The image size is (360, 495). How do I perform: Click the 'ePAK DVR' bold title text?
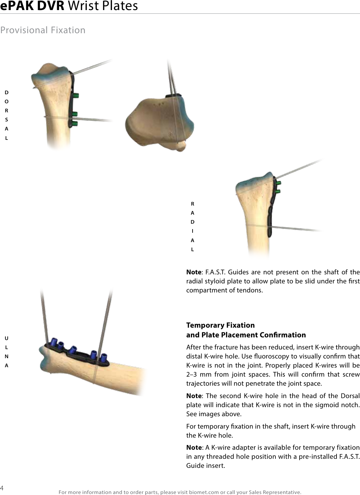[x=32, y=6]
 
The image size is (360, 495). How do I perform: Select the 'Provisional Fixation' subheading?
[x=43, y=30]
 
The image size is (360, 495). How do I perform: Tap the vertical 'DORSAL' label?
[x=6, y=115]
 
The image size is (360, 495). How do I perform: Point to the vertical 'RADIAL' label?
[x=192, y=226]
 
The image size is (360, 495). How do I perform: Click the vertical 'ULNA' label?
[x=6, y=352]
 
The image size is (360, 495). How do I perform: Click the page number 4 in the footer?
[x=2, y=487]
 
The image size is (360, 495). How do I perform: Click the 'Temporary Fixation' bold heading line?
[x=220, y=325]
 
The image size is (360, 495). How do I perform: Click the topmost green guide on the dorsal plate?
[x=76, y=96]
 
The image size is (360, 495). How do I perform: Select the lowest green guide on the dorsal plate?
[x=75, y=124]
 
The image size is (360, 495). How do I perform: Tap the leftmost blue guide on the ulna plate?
[x=52, y=342]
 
